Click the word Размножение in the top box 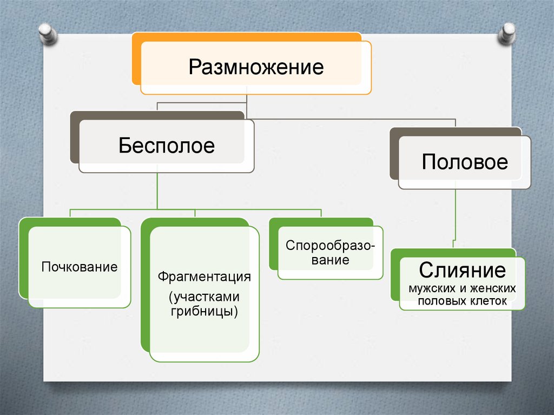(x=256, y=68)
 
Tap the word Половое (x=465, y=162)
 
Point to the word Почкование (x=80, y=267)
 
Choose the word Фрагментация (x=205, y=277)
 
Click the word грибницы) (x=205, y=312)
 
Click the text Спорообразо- (x=330, y=246)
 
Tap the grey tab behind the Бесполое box (x=75, y=138)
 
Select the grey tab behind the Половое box (x=394, y=154)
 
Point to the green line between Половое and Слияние (x=456, y=216)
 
